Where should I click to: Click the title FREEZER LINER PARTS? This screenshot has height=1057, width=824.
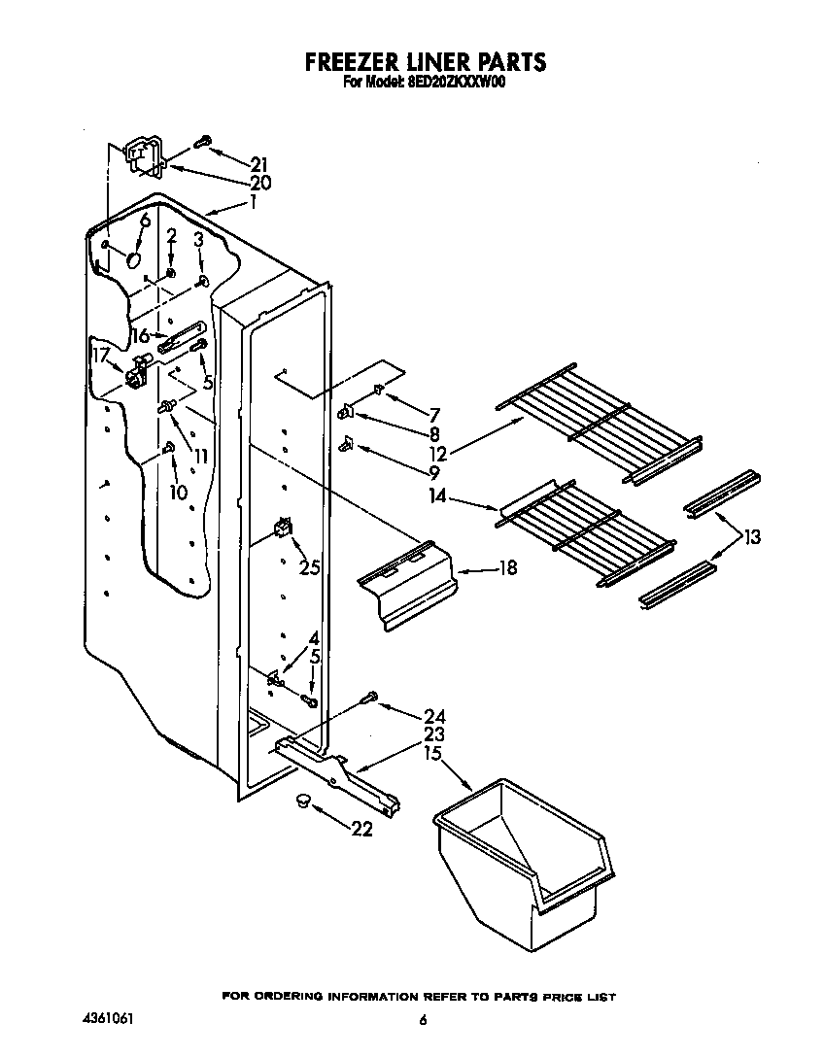[426, 63]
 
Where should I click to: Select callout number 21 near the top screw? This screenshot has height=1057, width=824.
[258, 164]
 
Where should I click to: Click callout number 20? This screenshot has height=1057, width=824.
[258, 183]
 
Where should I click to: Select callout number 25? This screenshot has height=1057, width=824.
[309, 567]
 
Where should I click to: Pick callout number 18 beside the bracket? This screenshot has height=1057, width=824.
[506, 568]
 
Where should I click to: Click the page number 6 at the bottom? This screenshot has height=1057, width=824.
[423, 1020]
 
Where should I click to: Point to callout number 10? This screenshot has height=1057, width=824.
[178, 493]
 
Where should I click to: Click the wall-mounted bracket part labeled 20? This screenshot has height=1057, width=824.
[144, 157]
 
